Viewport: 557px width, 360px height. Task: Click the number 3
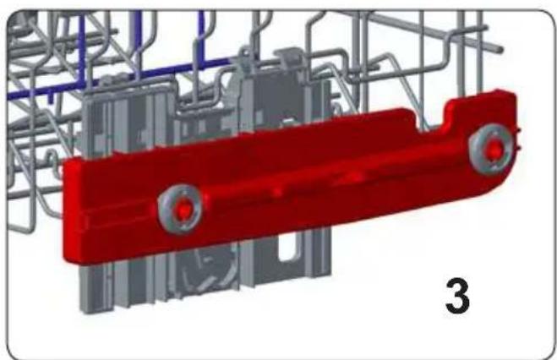457,296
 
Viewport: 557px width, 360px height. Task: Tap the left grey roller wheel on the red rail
180,209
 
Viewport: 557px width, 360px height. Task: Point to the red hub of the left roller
183,210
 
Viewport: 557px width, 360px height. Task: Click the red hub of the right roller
494,149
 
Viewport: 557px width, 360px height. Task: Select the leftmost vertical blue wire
82,50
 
